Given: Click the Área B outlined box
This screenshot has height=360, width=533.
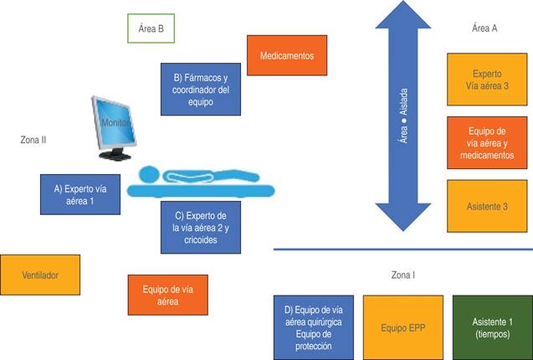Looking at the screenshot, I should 151,28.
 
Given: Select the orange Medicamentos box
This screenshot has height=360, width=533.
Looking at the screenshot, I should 286,57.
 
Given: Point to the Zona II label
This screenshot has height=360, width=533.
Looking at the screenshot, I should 33,140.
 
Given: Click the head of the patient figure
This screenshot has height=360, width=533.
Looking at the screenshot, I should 147,176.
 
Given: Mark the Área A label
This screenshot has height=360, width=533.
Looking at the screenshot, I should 484,28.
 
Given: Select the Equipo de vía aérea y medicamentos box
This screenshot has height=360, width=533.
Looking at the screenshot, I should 487,142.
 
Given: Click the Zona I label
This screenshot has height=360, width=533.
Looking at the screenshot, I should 403,275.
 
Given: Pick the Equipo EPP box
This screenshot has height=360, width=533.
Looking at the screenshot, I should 403,327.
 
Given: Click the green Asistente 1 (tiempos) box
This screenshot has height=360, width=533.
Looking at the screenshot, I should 492,327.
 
